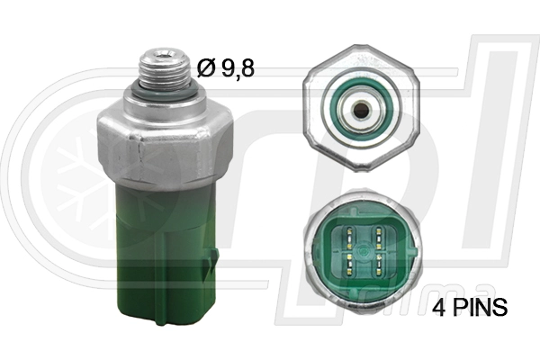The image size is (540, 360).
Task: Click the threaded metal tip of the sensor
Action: coord(165,70)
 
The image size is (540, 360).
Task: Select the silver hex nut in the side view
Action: coord(165,144)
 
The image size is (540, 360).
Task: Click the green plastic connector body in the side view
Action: coord(166,255)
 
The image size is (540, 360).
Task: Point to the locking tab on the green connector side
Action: coord(212,262)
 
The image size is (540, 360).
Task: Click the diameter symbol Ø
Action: coord(206,67)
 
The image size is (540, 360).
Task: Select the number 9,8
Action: coord(238,67)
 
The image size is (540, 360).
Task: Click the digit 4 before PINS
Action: coord(439,307)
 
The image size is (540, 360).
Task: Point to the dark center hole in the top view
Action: coord(361,110)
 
